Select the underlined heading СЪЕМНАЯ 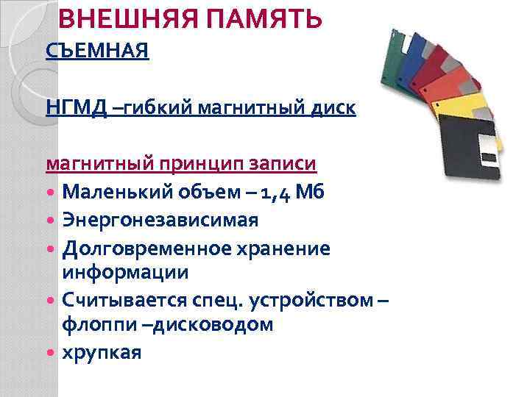[97, 51]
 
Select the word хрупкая [101, 352]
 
